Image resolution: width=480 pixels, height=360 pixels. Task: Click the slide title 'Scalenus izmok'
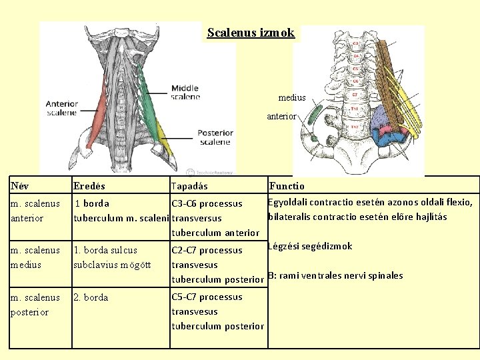point(251,33)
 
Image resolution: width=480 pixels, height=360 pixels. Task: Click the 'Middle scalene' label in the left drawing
point(185,92)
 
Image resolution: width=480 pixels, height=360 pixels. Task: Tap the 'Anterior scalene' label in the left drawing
point(62,108)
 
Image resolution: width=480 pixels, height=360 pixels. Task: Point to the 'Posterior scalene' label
point(214,137)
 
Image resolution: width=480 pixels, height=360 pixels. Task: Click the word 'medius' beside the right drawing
point(292,98)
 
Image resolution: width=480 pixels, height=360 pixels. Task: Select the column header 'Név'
point(20,187)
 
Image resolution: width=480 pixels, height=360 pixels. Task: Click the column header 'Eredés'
point(89,187)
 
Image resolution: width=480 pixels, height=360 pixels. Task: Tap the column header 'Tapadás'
point(189,187)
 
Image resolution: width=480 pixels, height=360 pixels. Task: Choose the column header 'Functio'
point(287,187)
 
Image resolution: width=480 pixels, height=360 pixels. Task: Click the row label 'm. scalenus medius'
point(35,257)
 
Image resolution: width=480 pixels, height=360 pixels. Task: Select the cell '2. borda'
point(91,297)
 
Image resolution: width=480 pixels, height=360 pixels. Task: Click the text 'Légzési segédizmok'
point(310,247)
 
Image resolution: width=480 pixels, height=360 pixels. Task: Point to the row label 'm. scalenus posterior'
point(35,305)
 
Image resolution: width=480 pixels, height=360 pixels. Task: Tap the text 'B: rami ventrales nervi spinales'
point(335,275)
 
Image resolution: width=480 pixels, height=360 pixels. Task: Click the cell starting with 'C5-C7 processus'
point(217,311)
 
